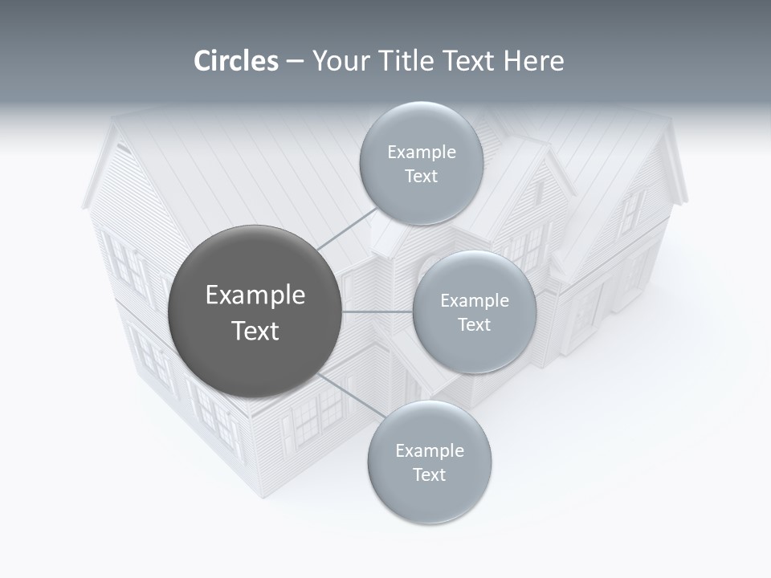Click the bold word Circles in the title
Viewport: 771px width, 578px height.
click(236, 61)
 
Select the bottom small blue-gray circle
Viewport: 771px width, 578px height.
click(430, 498)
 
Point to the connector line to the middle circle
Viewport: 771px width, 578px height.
click(377, 311)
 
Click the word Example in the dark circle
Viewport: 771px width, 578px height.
click(255, 295)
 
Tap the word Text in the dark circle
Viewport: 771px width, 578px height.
click(255, 331)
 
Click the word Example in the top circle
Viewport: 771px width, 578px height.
click(421, 153)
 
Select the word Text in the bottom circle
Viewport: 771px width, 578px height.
click(430, 474)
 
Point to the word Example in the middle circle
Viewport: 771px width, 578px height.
click(475, 301)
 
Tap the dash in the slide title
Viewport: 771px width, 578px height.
click(294, 62)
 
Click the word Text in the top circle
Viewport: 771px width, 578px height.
click(421, 177)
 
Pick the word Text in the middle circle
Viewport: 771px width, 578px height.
click(475, 325)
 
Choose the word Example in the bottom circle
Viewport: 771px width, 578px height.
click(430, 451)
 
